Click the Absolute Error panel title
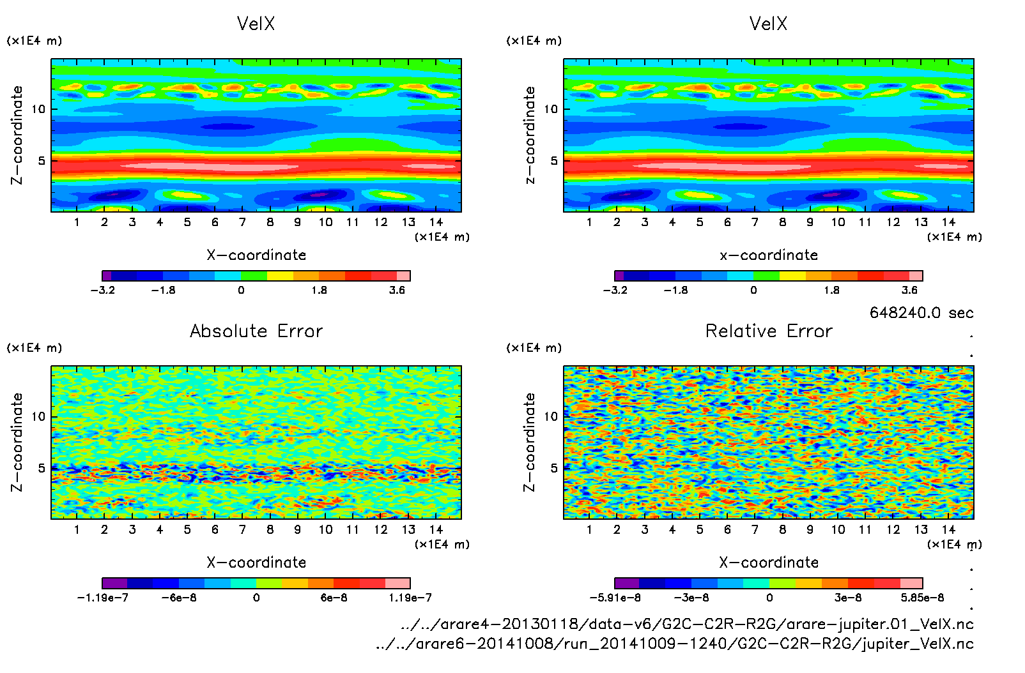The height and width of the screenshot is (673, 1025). [x=256, y=331]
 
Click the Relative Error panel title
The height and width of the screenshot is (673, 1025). [x=769, y=331]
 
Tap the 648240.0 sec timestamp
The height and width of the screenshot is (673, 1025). [x=921, y=313]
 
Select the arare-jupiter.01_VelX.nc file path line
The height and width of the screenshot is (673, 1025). [x=687, y=624]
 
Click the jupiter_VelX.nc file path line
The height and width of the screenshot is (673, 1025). [x=675, y=644]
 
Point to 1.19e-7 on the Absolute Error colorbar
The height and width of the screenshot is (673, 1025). [x=410, y=598]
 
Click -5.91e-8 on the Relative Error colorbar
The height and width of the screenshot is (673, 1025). [x=615, y=598]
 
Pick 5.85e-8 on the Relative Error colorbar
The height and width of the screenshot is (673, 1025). [x=922, y=598]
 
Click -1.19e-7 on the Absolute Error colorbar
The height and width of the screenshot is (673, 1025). [x=102, y=598]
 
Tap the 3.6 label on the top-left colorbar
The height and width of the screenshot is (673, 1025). [x=397, y=290]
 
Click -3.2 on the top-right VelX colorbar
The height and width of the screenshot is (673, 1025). [x=615, y=290]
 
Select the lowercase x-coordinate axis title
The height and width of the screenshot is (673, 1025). [x=769, y=255]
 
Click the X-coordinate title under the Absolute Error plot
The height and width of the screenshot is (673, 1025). [x=256, y=563]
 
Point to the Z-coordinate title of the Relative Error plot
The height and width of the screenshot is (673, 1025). [x=529, y=442]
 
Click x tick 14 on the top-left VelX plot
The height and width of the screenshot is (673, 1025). [x=436, y=222]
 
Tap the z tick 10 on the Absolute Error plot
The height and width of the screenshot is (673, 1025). [x=39, y=416]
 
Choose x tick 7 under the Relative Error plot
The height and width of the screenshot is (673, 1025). [x=755, y=529]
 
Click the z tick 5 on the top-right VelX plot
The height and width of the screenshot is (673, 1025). [x=554, y=160]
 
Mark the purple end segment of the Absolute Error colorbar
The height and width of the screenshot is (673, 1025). [x=115, y=583]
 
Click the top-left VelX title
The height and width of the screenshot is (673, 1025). [x=256, y=24]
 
